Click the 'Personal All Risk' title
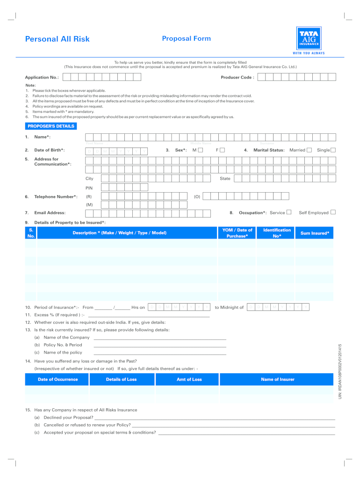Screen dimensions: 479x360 [57, 39]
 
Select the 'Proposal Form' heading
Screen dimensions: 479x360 [186, 39]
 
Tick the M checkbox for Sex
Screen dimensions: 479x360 [201, 150]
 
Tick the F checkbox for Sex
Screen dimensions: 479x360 [223, 150]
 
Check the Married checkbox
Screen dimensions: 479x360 [309, 150]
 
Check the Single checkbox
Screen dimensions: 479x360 [333, 150]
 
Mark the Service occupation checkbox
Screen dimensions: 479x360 [289, 212]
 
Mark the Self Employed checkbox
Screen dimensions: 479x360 [333, 212]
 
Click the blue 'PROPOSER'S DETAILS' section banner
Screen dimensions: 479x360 [50, 126]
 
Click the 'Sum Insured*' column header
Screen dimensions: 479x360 [315, 233]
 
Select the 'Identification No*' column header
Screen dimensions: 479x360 [277, 233]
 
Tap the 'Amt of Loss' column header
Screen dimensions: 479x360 [189, 379]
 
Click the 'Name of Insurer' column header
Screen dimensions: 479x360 [277, 379]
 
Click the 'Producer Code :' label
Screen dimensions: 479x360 [238, 78]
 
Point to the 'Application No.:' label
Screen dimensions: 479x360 [42, 78]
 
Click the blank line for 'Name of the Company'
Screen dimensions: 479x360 [160, 338]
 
